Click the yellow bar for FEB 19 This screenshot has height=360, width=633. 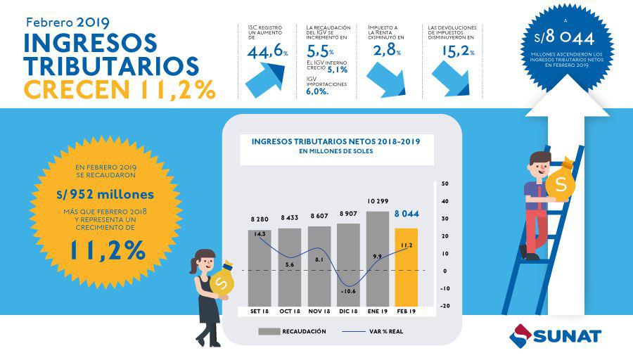pyautogui.click(x=407, y=267)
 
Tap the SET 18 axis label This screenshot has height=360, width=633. pyautogui.click(x=260, y=311)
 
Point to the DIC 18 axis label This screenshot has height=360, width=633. pyautogui.click(x=348, y=311)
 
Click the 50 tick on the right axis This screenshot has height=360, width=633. pyautogui.click(x=445, y=184)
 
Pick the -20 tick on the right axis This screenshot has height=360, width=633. pyautogui.click(x=445, y=305)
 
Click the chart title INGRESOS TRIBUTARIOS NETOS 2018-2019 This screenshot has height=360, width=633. pyautogui.click(x=335, y=141)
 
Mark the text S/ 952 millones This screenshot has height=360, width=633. pyautogui.click(x=105, y=194)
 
